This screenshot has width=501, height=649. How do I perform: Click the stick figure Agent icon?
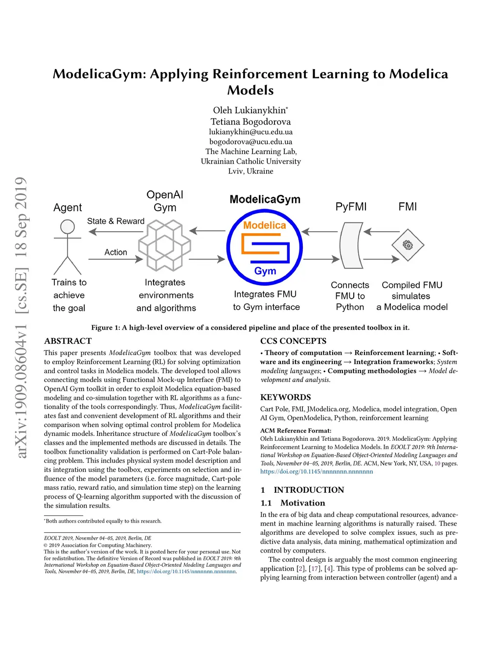point(68,246)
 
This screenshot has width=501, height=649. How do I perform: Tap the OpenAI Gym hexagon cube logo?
point(164,245)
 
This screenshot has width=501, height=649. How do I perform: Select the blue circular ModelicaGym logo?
point(264,247)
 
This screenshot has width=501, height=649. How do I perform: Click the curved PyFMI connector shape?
point(351,245)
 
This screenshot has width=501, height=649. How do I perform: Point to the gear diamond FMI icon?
point(408,245)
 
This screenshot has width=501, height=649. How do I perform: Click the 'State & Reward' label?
point(115,221)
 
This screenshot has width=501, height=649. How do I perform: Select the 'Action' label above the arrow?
point(115,252)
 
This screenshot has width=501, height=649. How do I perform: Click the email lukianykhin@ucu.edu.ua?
point(250,132)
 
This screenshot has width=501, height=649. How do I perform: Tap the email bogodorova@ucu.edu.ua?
point(250,142)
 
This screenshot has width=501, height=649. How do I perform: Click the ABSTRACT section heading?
point(68,341)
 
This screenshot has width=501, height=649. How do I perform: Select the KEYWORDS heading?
point(285,397)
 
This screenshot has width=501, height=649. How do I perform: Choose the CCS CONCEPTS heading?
point(293,341)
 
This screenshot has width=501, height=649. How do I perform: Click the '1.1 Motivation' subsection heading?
point(293,503)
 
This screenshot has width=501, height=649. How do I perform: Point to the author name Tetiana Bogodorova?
point(250,121)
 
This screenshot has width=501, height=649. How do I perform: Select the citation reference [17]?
point(315,569)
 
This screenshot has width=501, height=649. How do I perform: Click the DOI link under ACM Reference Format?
point(317,472)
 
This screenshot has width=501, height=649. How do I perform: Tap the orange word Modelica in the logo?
point(264,225)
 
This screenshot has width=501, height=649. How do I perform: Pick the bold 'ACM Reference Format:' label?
point(296,431)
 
